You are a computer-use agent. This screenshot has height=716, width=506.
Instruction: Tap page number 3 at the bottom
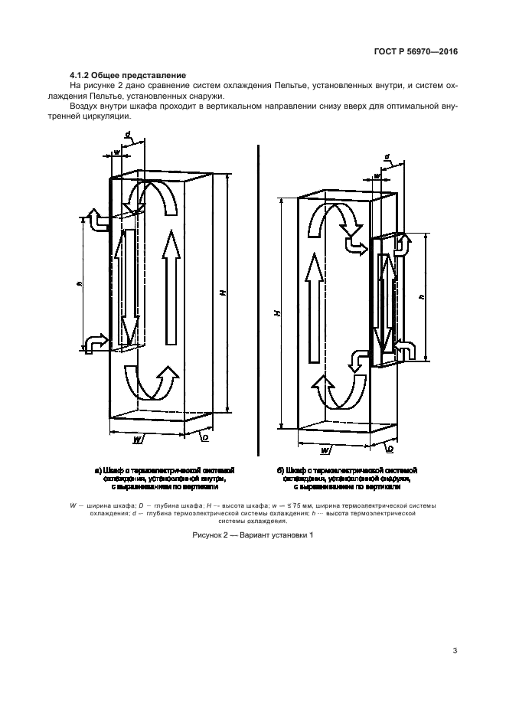click(455, 652)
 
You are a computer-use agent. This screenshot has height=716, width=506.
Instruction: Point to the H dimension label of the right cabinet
click(278, 312)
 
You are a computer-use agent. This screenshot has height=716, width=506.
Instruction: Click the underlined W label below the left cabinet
click(136, 439)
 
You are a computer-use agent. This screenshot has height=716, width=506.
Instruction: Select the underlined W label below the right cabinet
click(326, 450)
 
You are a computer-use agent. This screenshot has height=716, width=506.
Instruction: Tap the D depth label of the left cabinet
click(205, 438)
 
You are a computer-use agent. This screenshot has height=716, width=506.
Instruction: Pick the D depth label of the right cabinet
click(391, 449)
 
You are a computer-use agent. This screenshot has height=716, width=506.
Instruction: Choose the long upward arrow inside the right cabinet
click(312, 309)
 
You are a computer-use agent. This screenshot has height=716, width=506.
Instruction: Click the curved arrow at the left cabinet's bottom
click(157, 383)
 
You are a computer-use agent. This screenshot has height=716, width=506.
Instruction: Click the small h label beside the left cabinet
click(80, 283)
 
